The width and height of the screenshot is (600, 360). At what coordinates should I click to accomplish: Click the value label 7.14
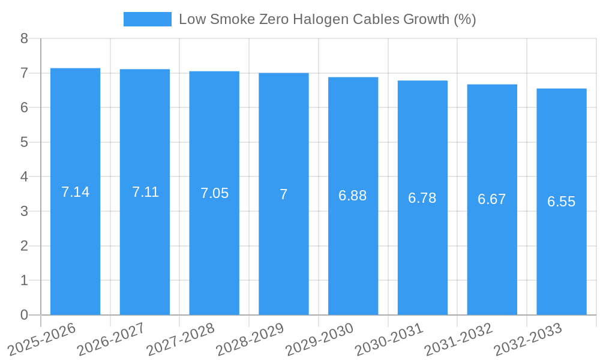[x=75, y=192]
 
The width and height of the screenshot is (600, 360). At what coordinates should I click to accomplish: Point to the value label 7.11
[x=145, y=192]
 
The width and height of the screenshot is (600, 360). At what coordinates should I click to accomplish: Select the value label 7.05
[x=214, y=193]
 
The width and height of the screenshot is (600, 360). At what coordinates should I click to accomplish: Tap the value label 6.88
[x=353, y=196]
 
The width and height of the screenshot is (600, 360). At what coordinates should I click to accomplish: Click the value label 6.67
[x=492, y=199]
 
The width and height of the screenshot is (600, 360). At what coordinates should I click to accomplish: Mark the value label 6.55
[x=562, y=202]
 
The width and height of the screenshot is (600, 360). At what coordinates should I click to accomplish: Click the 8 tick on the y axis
[x=24, y=38]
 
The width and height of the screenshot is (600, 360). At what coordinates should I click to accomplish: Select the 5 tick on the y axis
[x=24, y=142]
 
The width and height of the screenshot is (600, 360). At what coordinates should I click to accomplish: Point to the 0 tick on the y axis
[x=24, y=315]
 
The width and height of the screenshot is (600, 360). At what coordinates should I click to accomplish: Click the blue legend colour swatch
[x=147, y=19]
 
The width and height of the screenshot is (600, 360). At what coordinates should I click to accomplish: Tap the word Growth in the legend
[x=426, y=19]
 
